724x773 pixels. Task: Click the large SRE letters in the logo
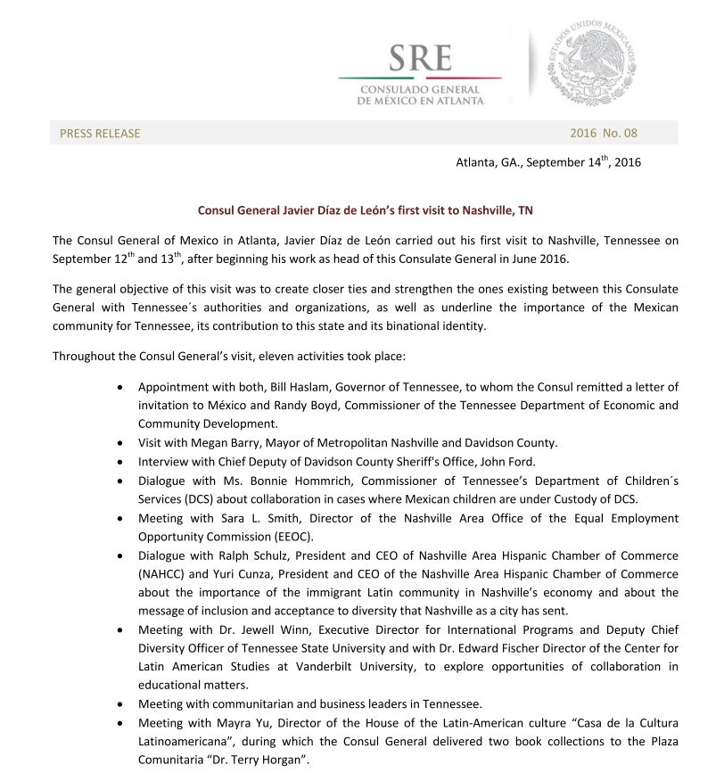point(420,60)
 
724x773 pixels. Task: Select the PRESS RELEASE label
point(100,134)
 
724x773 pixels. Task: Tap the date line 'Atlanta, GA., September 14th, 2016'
point(547,162)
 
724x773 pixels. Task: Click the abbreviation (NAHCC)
point(166,574)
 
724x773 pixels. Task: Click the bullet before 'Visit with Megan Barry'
point(121,443)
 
